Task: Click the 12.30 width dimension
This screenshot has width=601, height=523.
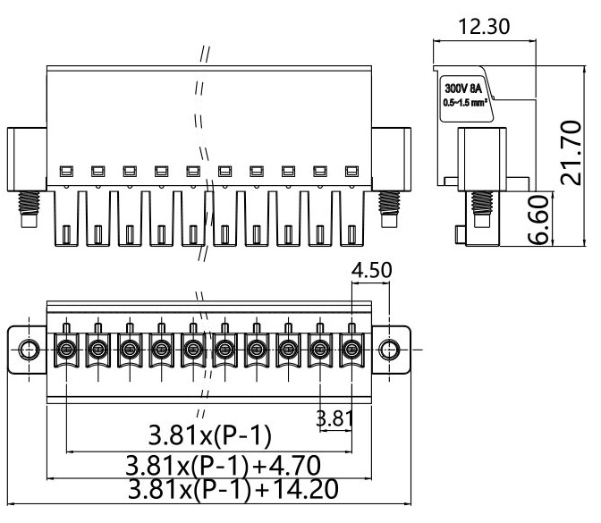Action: coord(483,27)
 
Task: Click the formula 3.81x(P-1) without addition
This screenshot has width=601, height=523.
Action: coord(210,437)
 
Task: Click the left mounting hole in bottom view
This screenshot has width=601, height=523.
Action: coord(29,348)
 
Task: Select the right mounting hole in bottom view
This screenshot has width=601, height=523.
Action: coord(389,348)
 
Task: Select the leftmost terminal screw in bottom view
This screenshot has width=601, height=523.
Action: coord(66,348)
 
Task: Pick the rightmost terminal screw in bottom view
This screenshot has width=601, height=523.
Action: coord(352,348)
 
